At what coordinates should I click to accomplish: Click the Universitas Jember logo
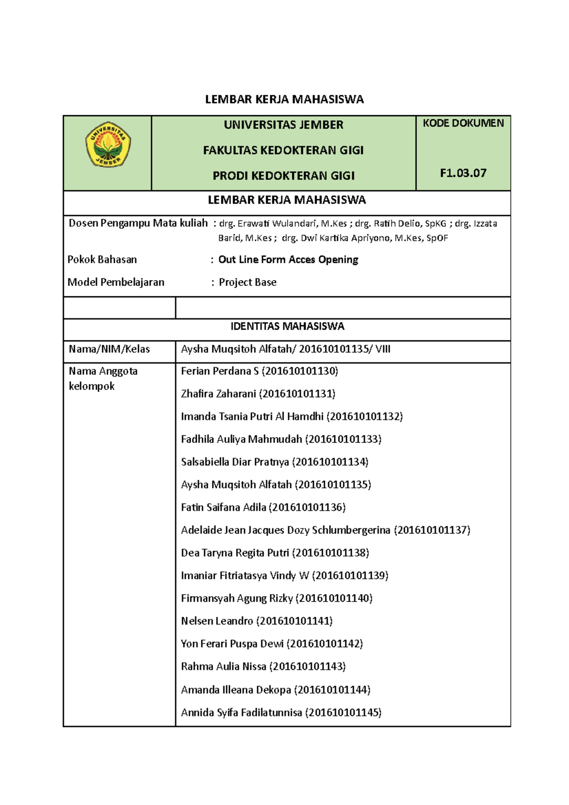point(108,145)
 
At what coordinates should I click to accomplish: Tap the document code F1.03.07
point(463,173)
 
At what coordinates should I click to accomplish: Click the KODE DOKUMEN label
point(463,123)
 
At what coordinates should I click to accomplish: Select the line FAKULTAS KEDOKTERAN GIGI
point(283,150)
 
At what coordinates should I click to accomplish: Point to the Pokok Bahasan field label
point(102,259)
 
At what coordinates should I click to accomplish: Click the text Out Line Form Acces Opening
point(288,259)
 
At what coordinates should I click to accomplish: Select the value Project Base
point(248,282)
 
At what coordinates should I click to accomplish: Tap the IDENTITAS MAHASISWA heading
point(287,326)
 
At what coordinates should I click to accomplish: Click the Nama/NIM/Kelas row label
point(109,349)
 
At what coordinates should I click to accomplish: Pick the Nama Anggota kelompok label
point(103,378)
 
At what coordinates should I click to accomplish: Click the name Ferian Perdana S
point(220,371)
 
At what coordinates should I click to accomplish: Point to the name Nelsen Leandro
point(217,621)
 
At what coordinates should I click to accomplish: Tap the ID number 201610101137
point(432,530)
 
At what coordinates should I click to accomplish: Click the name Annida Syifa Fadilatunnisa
point(241,713)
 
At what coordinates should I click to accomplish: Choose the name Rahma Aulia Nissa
point(223,667)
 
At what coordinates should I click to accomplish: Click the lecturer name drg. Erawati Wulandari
point(267,223)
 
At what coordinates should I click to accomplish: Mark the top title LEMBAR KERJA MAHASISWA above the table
point(284,100)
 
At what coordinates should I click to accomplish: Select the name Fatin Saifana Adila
point(223,507)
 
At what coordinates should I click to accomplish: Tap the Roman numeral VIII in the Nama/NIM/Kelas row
point(383,349)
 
